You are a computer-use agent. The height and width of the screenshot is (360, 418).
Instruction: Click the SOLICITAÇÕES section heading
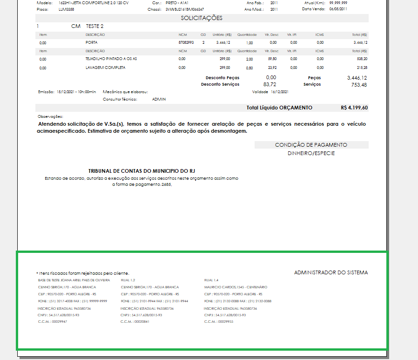point(202,18)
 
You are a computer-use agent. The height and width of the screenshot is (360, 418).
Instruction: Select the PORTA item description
point(92,42)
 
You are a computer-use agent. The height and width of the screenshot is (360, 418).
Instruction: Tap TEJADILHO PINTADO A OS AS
point(111,59)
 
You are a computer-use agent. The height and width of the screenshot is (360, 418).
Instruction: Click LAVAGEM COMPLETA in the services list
point(105,68)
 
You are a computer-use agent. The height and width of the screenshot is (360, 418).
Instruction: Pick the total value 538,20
point(362,59)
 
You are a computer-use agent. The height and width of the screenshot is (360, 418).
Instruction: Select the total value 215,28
point(362,68)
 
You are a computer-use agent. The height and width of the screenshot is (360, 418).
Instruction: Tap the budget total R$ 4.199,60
point(354,108)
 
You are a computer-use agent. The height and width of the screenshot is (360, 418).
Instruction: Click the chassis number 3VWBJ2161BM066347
point(185,9)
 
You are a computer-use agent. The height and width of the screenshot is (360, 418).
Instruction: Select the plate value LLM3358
point(67,9)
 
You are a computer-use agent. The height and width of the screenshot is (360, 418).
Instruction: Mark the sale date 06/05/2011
point(338,9)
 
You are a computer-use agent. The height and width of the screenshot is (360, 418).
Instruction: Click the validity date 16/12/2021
point(280,92)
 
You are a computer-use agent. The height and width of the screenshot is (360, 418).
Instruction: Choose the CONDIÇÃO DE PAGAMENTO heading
point(311,145)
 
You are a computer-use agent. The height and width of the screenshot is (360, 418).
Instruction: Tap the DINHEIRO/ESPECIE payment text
point(311,153)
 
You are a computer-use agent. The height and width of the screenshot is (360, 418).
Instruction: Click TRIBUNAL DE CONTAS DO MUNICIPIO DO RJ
point(142,171)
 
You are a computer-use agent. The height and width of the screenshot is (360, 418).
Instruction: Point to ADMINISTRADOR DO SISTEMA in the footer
point(331,272)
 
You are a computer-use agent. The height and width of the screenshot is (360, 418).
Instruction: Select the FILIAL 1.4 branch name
point(211,280)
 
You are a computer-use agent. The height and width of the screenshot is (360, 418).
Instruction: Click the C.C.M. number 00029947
point(60,322)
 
